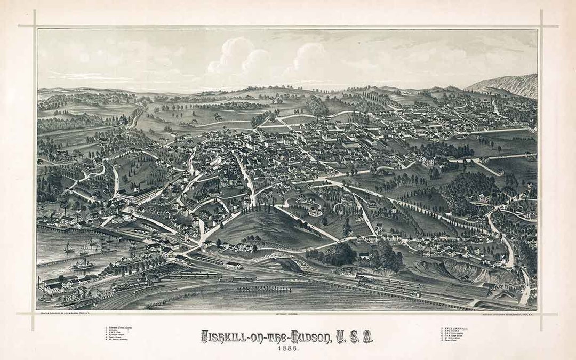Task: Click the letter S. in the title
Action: (355, 337)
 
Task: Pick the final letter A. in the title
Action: (368, 337)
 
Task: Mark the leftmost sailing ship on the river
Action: (69, 248)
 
